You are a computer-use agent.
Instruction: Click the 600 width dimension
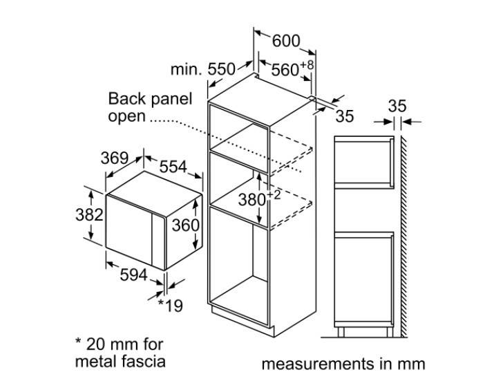[285, 41]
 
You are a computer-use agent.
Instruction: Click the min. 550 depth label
[202, 69]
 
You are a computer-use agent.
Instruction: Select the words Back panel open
[150, 107]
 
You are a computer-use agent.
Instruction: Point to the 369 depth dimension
[115, 158]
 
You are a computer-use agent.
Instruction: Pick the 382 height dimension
[88, 214]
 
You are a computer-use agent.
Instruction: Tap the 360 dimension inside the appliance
[185, 225]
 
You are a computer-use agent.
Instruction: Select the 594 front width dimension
[133, 275]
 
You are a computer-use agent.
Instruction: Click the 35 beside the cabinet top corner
[344, 116]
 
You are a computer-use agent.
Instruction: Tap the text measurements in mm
[343, 364]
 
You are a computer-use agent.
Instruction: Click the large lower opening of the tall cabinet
[238, 266]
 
